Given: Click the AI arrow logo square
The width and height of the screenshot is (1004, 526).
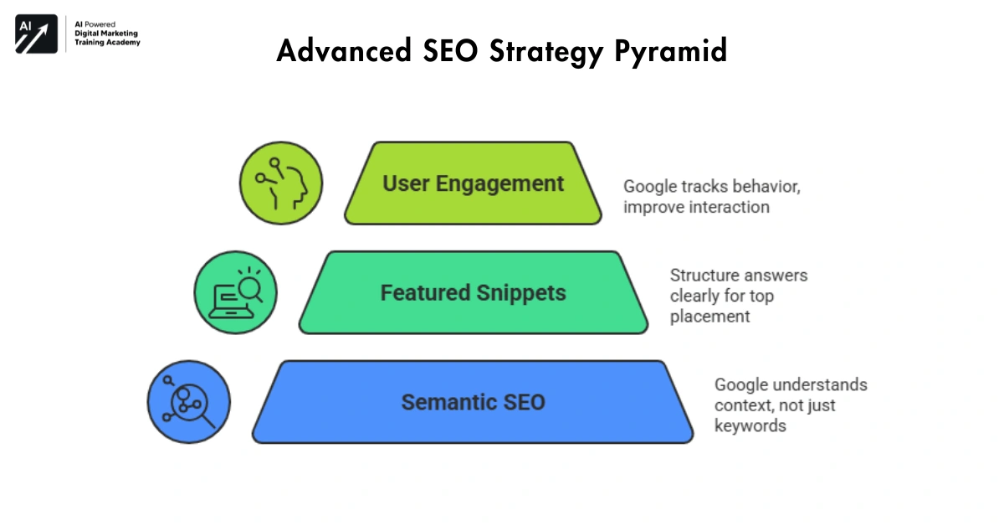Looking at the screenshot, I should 36,34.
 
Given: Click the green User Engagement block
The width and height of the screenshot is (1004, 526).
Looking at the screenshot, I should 473,183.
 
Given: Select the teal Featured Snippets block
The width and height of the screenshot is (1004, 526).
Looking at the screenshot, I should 473,292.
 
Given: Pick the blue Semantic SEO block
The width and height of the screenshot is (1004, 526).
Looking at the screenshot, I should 473,402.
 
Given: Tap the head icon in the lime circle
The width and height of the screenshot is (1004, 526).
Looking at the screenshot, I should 281,183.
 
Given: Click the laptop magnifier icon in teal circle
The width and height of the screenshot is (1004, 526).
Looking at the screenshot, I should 235,292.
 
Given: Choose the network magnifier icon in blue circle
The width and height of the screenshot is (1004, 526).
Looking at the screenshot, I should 188,402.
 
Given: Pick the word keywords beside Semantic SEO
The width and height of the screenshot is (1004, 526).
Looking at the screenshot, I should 750,425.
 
